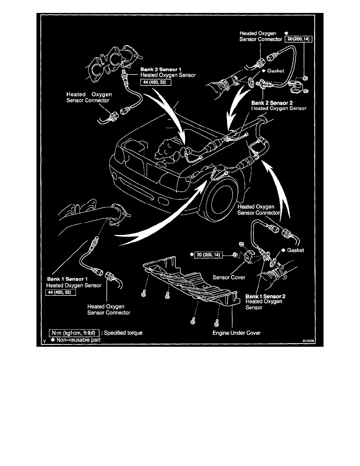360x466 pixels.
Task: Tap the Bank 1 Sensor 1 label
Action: pyautogui.click(x=65, y=279)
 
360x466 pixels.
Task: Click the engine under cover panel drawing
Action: pyautogui.click(x=192, y=282)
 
